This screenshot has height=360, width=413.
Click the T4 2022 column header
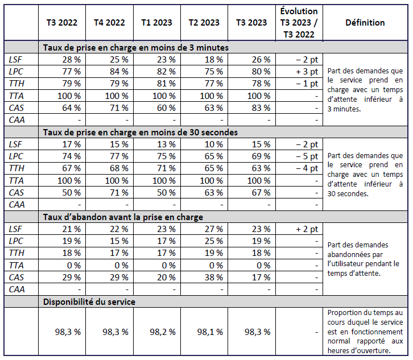tap(109, 23)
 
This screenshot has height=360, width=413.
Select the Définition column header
tap(365, 23)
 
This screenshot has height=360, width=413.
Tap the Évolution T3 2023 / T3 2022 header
tap(299, 23)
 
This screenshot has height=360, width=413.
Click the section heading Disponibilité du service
tap(89, 302)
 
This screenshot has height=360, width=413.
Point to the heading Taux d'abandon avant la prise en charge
tap(123, 217)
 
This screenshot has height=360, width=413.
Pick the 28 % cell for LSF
tap(72, 60)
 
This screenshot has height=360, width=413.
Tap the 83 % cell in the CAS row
tap(259, 107)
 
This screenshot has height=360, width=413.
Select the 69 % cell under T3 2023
tap(259, 156)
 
